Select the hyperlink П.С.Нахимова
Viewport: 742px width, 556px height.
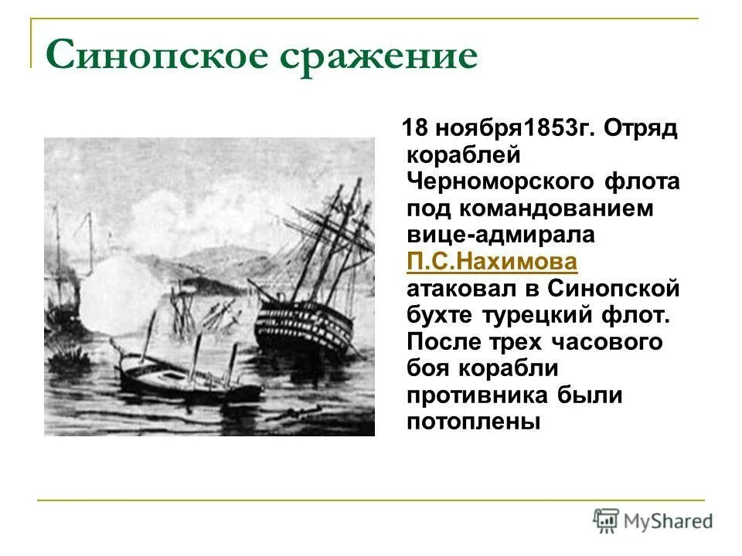pos(491,262)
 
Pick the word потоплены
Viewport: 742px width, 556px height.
pos(472,422)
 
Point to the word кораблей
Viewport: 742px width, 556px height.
pos(458,154)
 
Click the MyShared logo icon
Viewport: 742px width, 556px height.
pos(605,520)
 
